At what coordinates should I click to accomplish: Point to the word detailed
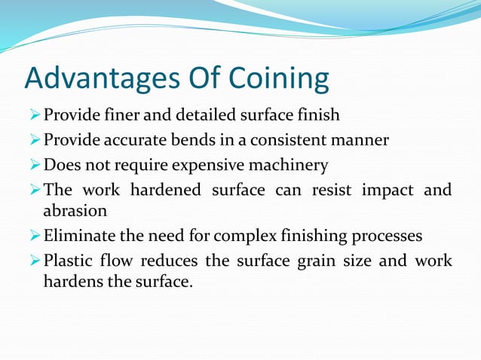[195, 115]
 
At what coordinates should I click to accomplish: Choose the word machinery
[290, 165]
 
